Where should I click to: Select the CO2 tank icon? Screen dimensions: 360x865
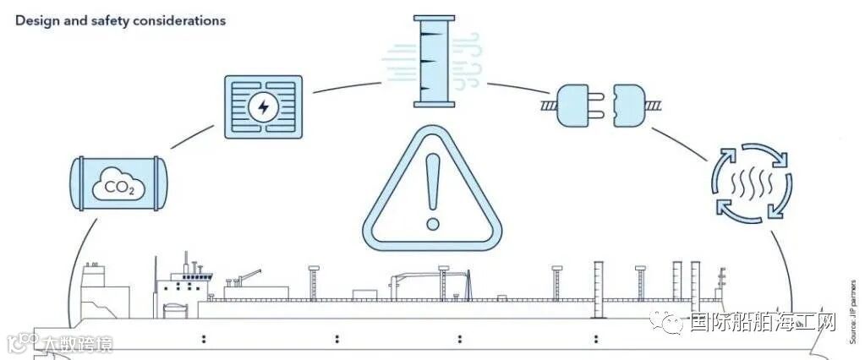[118, 183]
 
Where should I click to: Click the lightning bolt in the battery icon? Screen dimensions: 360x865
[263, 107]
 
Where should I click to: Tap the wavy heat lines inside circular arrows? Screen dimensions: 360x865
[751, 183]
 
